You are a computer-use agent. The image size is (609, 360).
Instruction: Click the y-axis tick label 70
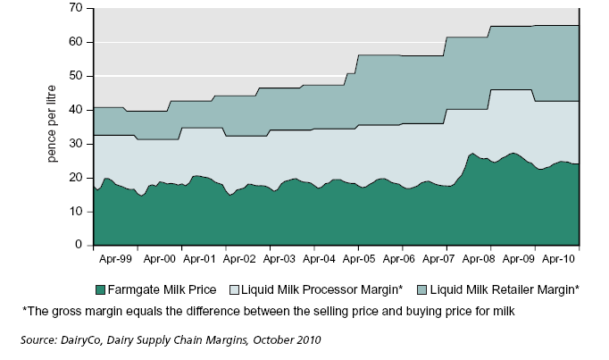click(x=76, y=8)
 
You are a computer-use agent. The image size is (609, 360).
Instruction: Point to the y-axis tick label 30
click(x=76, y=144)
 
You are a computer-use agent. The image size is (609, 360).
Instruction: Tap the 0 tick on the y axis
click(x=79, y=245)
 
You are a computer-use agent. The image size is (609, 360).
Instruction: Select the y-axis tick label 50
click(x=76, y=76)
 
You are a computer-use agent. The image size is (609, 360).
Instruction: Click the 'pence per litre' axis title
click(x=54, y=126)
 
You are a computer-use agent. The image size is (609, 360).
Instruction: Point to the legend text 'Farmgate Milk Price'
click(x=170, y=288)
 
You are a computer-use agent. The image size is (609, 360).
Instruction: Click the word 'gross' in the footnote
click(x=64, y=311)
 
